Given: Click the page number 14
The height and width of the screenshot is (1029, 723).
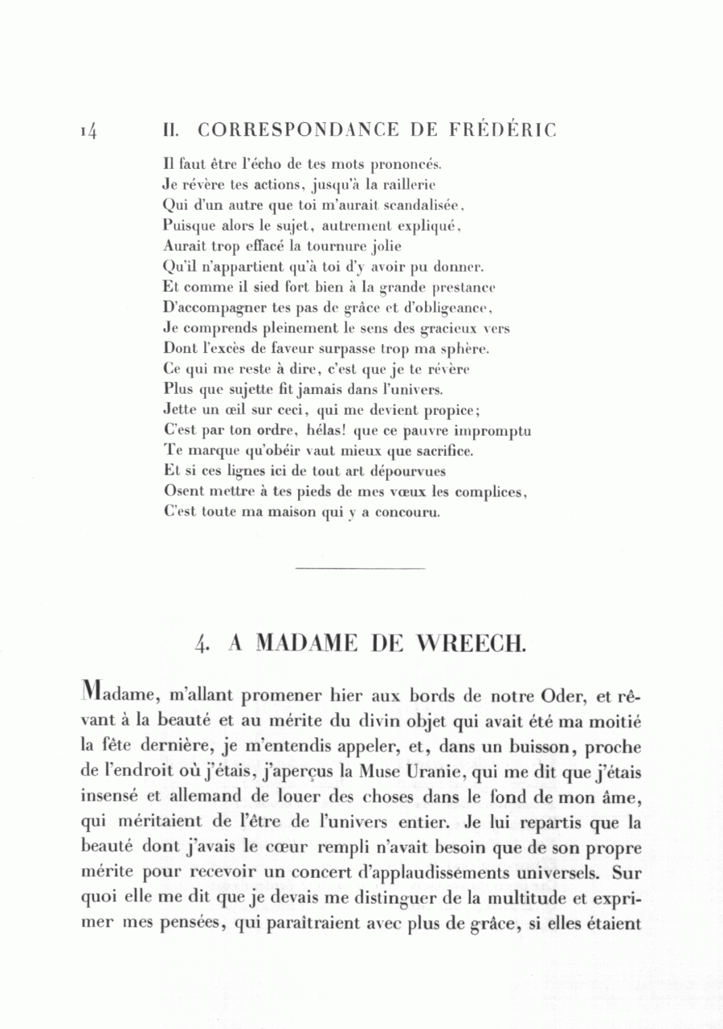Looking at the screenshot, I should pyautogui.click(x=88, y=130).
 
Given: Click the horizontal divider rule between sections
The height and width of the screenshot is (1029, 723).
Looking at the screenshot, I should pyautogui.click(x=360, y=569).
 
